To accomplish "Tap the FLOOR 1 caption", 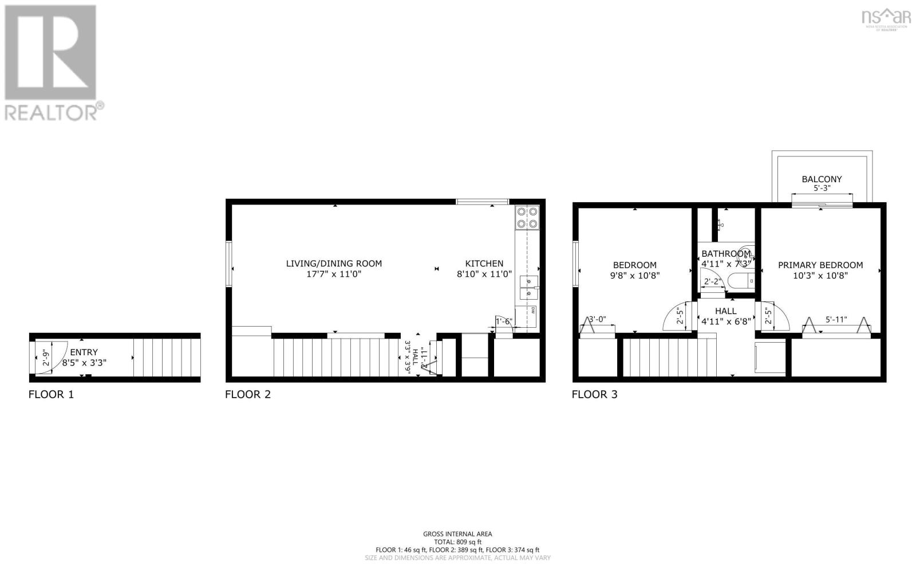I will coord(51,394).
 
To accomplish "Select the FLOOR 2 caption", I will coord(247,394).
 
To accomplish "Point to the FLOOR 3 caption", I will coord(594,394).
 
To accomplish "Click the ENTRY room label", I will coord(84,352).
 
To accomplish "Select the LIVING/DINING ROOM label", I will coord(334,264).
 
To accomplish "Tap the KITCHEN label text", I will coord(484,264).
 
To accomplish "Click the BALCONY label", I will coord(822,179).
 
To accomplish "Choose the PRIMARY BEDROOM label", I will coord(820,265).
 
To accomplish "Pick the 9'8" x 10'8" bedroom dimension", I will coord(635,275).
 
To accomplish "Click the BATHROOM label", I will coord(725,253).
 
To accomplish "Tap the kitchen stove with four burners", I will coord(527,217).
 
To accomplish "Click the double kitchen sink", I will coord(528,287).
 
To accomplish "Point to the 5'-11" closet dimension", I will coord(836,320).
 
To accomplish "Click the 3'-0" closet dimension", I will coord(597,320).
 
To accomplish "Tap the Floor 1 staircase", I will coord(167,358).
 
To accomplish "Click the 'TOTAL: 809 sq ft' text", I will coord(457,541).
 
